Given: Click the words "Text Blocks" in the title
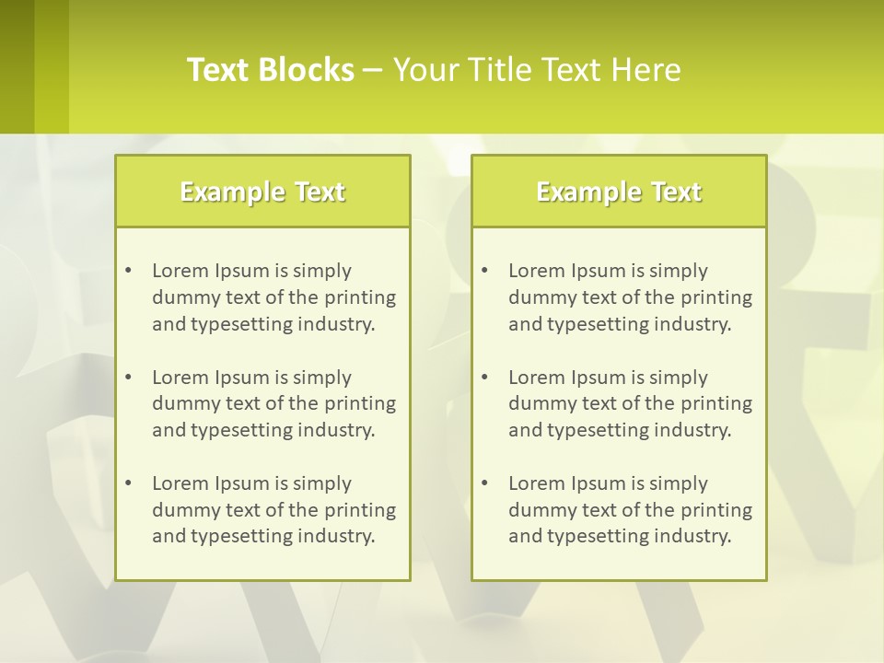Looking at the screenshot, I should coord(271,70).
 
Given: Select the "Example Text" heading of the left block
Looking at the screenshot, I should coord(262,192).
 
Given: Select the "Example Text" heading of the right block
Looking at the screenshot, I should coord(619,192).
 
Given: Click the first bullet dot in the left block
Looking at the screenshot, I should coord(128,271).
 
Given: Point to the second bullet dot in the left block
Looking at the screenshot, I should coord(128,378).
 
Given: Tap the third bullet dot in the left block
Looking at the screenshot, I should coord(128,483).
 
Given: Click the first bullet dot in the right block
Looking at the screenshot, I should coord(484,271).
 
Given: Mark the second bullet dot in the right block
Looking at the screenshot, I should coord(484,378).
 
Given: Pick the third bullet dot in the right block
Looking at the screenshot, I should coord(484,483).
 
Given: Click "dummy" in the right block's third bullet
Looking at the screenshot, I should coord(539,510).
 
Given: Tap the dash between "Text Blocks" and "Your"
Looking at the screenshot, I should coord(373,70).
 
